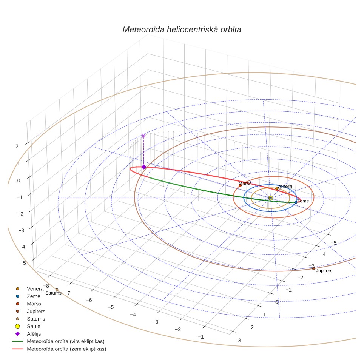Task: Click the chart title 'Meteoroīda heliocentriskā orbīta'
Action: [x=182, y=30]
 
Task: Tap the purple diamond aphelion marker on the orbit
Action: [x=144, y=167]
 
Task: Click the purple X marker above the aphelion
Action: [x=143, y=136]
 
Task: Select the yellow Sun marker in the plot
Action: [x=270, y=198]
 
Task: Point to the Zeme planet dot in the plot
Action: [x=296, y=202]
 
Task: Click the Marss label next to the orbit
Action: [x=245, y=184]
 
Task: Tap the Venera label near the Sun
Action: [x=284, y=187]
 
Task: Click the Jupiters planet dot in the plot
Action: [x=313, y=268]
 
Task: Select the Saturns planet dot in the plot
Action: [x=57, y=290]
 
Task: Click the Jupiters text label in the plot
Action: [x=324, y=271]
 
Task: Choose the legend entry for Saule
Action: [x=34, y=326]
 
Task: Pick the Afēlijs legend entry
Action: [x=34, y=334]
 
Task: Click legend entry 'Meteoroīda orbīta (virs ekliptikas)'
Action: [x=66, y=341]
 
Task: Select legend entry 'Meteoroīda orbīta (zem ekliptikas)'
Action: [x=66, y=349]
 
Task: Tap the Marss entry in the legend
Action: [x=34, y=304]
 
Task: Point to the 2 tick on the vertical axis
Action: [x=17, y=146]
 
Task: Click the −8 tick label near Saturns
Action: [x=46, y=286]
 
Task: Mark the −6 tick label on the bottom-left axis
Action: [x=89, y=300]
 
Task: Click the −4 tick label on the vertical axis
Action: [x=22, y=247]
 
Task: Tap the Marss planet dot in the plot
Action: [x=240, y=186]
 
